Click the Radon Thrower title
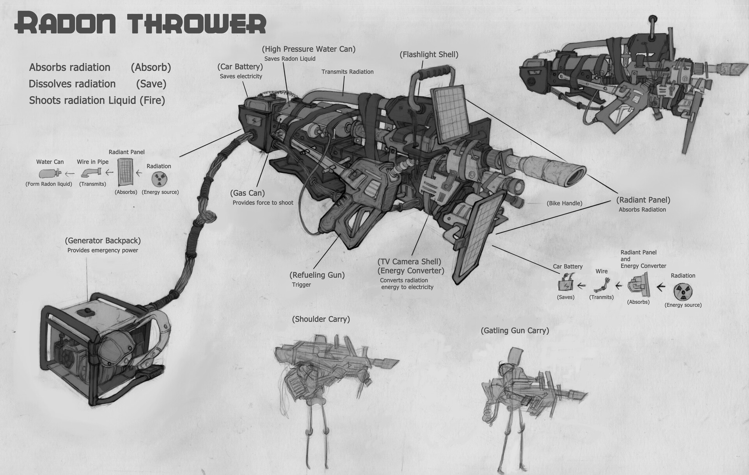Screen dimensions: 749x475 click(x=140, y=24)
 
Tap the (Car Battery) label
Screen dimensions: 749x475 click(x=240, y=66)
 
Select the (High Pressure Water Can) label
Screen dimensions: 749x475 click(x=309, y=49)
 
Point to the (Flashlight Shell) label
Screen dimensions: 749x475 click(x=429, y=55)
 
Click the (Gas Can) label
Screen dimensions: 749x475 click(x=247, y=193)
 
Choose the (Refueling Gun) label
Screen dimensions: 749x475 click(x=317, y=275)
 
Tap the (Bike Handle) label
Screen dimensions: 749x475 click(x=564, y=203)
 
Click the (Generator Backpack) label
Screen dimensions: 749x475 click(x=103, y=241)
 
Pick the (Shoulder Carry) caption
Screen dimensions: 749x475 click(x=321, y=319)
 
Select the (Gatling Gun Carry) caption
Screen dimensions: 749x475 click(x=515, y=331)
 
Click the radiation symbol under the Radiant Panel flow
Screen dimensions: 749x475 click(x=159, y=179)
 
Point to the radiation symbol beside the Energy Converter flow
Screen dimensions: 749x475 click(x=683, y=291)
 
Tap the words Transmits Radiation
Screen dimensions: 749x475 click(x=347, y=72)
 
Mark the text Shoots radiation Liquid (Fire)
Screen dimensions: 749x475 click(x=97, y=100)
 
